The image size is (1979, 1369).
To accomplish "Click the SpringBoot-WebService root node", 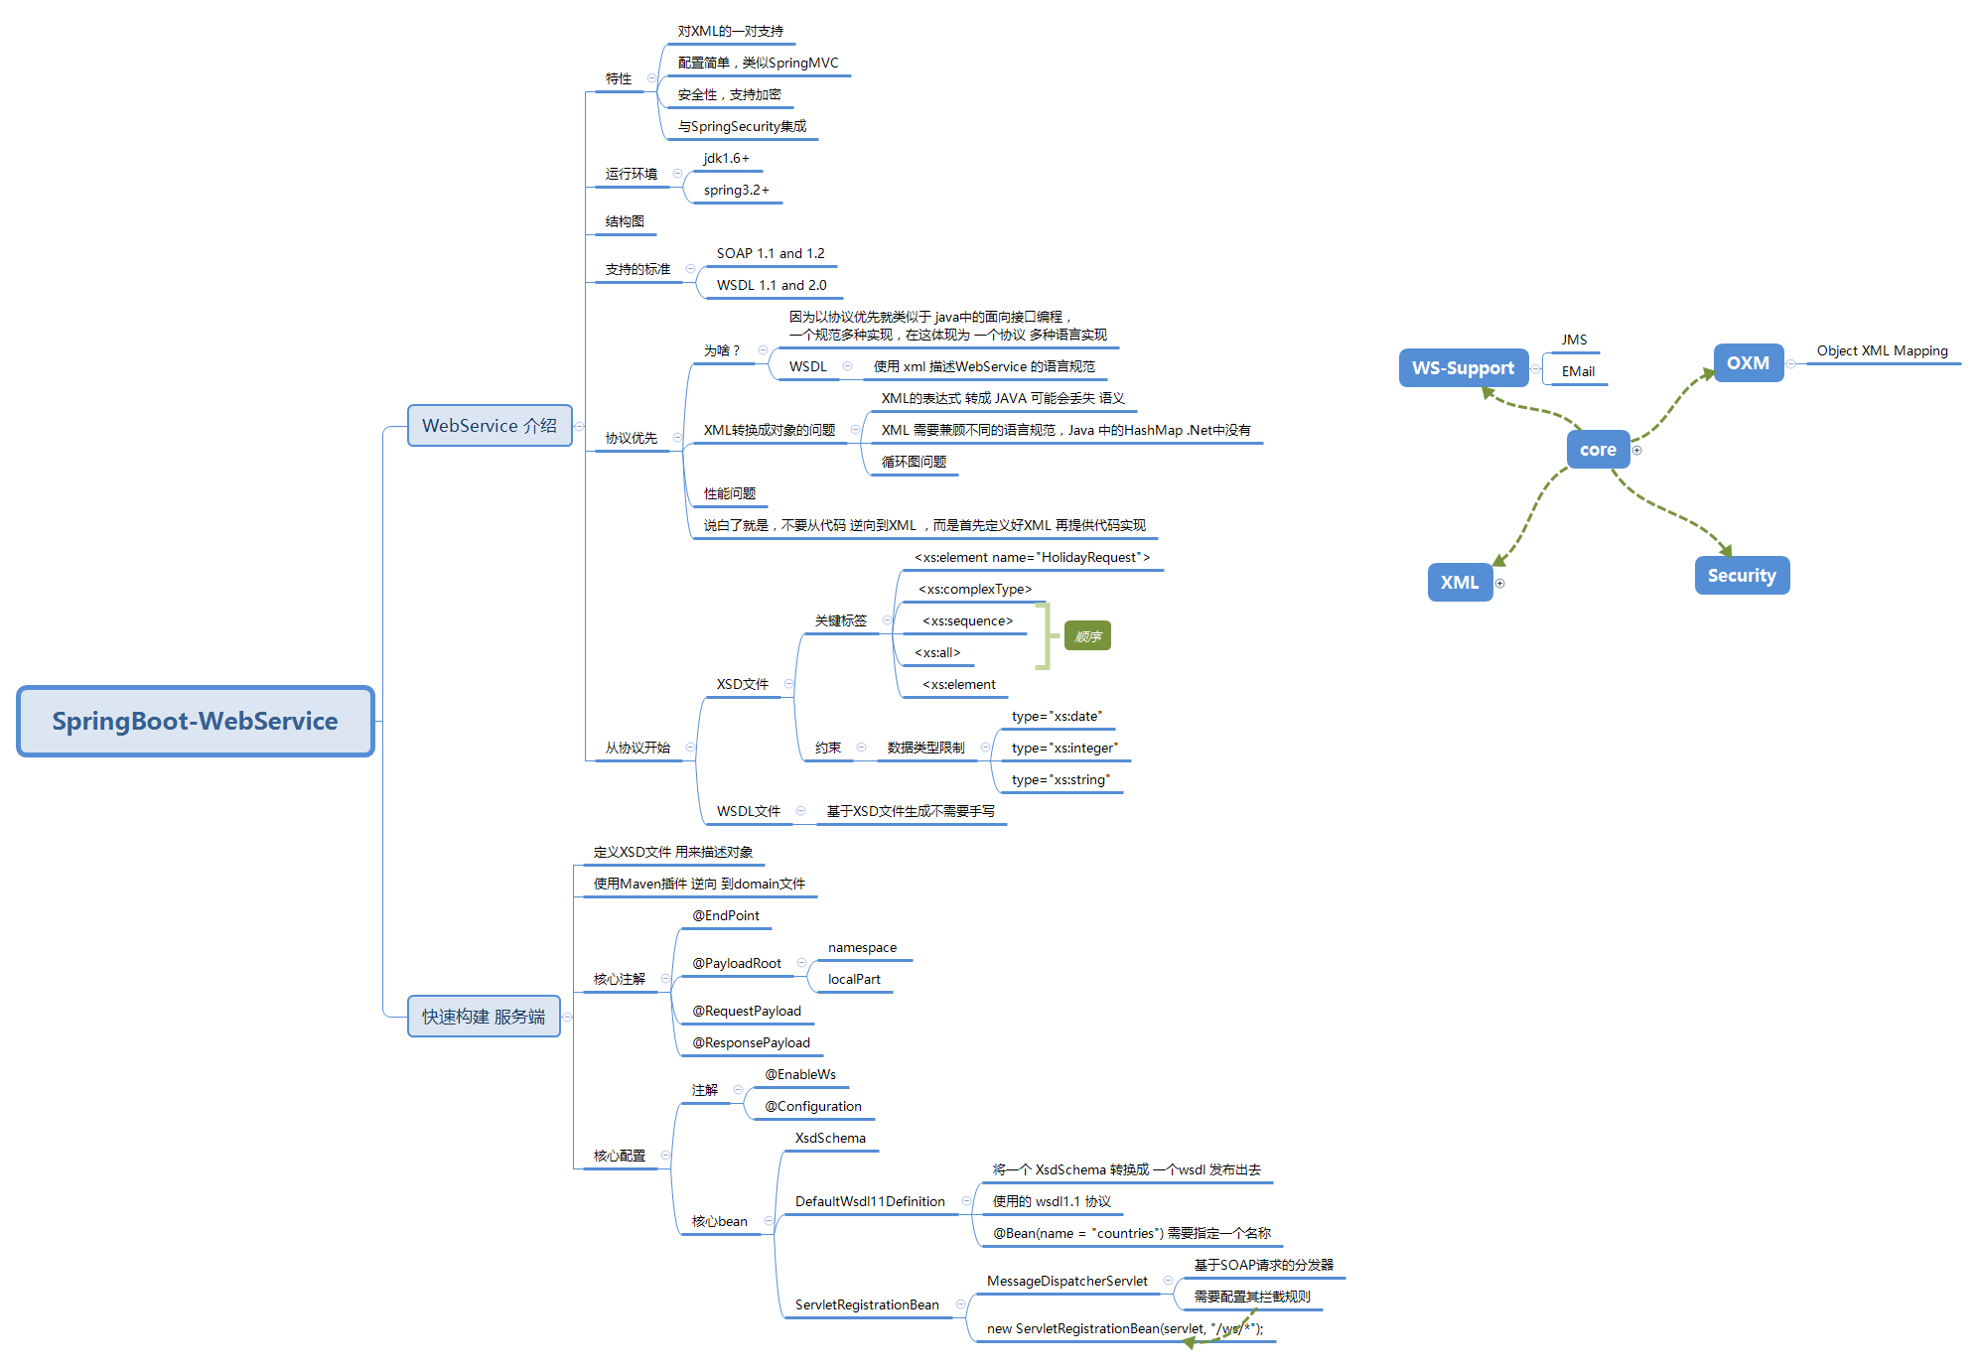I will pos(195,721).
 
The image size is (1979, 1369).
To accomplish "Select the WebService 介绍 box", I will pos(490,425).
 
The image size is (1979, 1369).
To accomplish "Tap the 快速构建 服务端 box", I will pos(484,1016).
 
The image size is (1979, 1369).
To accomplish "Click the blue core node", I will pos(1597,449).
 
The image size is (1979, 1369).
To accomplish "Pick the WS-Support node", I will pos(1463,367).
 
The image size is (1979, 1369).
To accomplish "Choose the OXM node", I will pos(1748,362).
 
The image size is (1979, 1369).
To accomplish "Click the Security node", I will pos(1741,575).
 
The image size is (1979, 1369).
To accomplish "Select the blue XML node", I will pos(1459,582).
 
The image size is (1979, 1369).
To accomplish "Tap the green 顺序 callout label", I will pos(1087,636).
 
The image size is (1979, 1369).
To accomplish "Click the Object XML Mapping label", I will pos(1882,350).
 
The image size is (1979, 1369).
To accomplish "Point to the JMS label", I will pos(1574,340).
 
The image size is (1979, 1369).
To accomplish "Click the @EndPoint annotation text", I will pos(726,915).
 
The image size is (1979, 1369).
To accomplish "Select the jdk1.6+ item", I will pos(726,158).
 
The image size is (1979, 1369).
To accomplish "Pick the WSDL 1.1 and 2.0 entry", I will pos(771,285).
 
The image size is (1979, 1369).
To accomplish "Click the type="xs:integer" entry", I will pos(1063,748).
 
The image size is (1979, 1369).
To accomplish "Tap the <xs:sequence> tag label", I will pos(967,620).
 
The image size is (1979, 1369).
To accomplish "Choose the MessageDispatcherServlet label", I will pos(1066,1281).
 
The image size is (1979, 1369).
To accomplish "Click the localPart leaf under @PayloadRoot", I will pos(854,979).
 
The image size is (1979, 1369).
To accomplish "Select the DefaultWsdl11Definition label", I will pos(870,1201).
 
